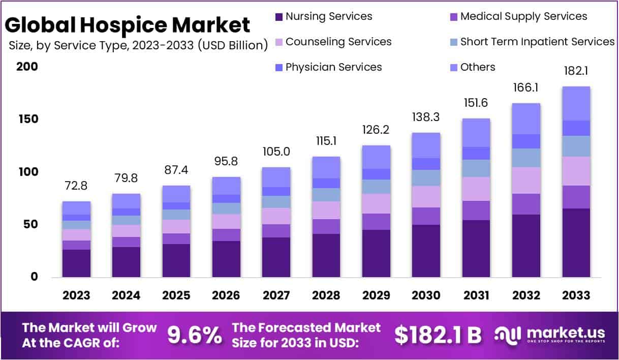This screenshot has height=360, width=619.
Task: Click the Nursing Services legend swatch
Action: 279,17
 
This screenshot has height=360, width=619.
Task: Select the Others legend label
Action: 477,67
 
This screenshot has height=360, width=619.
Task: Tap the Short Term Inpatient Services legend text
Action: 537,42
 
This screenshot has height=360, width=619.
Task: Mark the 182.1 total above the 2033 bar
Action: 576,71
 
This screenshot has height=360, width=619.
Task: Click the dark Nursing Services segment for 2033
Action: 576,243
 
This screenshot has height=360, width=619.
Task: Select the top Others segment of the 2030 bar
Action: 426,145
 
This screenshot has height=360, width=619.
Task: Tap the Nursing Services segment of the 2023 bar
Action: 76,263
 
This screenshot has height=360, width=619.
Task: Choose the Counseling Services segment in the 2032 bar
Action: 526,180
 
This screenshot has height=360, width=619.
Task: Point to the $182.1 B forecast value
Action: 438,335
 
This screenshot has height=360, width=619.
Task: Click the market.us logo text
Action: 566,333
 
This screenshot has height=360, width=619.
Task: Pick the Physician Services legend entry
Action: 333,67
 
